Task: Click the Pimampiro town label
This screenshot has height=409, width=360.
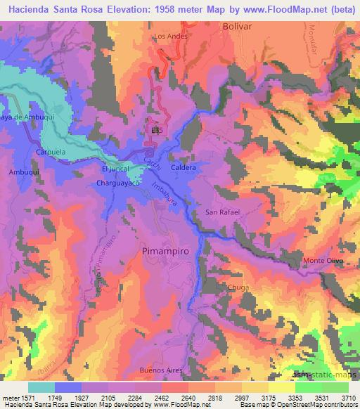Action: coord(166,250)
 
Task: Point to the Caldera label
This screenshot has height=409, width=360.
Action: coord(183,169)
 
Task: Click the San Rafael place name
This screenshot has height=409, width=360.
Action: coord(222,212)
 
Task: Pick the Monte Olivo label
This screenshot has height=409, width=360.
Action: coord(323,261)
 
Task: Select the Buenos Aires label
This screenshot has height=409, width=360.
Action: coord(157,370)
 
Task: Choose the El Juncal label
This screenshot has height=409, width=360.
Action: coord(115,169)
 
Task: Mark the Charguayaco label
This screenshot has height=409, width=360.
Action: coord(120,183)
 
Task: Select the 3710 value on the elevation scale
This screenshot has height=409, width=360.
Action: coord(347,397)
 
